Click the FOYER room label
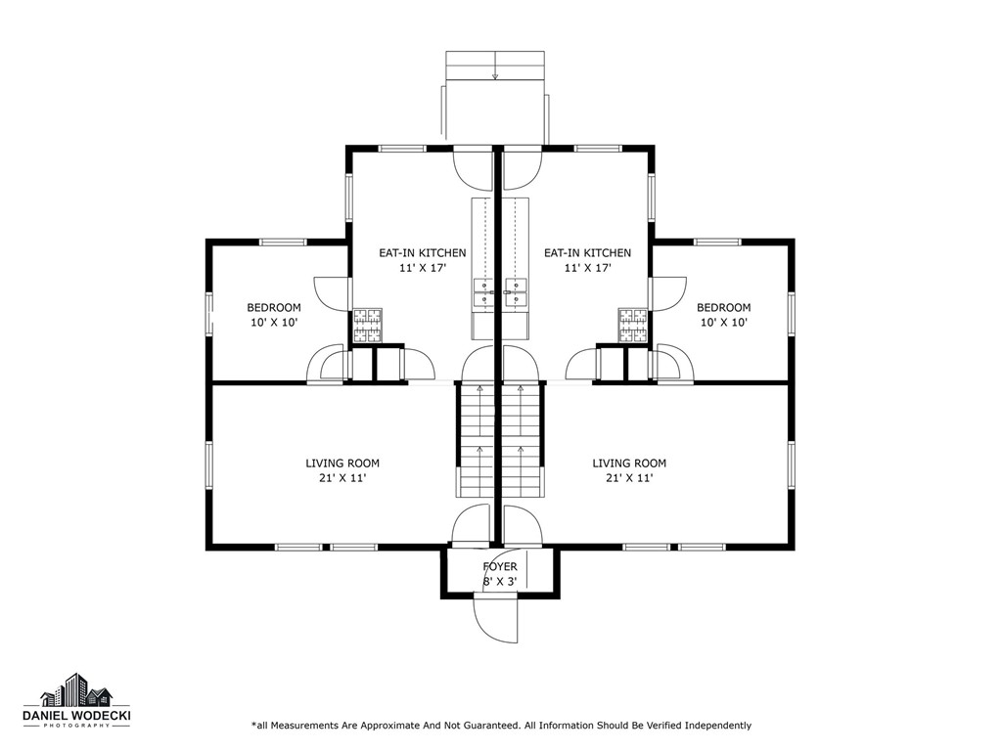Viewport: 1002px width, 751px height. [500, 566]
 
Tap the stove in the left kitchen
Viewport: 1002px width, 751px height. [368, 326]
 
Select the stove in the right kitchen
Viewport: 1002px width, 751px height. [633, 326]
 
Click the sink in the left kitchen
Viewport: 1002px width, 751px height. [483, 292]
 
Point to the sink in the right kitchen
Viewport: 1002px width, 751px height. [515, 292]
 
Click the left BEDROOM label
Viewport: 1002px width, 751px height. [274, 308]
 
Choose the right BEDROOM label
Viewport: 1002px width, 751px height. [724, 308]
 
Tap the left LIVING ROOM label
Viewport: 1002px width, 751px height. [342, 464]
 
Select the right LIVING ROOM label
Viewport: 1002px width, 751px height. [629, 464]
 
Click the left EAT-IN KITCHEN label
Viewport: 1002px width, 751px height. [423, 253]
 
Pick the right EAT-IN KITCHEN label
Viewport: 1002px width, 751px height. [587, 253]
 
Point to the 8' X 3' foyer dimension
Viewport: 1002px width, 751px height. [500, 582]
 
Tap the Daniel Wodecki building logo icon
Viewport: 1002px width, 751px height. [76, 690]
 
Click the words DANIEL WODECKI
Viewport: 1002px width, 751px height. [76, 717]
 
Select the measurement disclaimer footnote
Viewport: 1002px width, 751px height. [502, 726]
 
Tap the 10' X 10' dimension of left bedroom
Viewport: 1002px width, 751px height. [274, 323]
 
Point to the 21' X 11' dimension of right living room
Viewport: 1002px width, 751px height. [629, 478]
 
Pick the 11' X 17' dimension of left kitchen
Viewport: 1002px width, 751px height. [423, 268]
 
